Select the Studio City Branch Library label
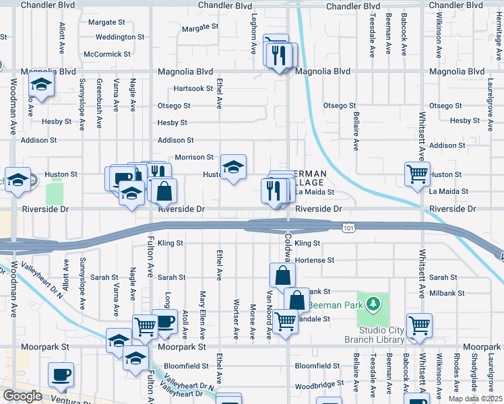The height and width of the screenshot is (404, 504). click(x=373, y=335)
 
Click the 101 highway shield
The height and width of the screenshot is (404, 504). click(x=348, y=229)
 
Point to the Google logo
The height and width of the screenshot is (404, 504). click(x=22, y=396)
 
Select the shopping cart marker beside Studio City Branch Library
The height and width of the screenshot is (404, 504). click(x=419, y=327)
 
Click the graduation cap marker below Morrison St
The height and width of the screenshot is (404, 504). click(x=233, y=167)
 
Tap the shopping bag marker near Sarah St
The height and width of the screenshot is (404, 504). click(x=282, y=275)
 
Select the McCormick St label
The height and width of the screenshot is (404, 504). click(x=106, y=54)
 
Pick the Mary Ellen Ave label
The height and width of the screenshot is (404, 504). click(x=201, y=315)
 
